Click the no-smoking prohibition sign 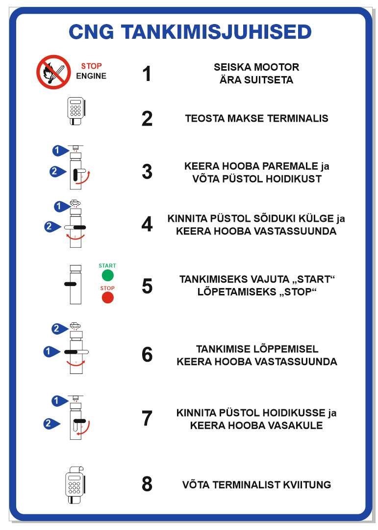tap(53, 72)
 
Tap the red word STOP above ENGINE tap(91, 66)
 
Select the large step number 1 tap(147, 74)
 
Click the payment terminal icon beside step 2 tap(76, 111)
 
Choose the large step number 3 tap(147, 172)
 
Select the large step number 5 tap(147, 286)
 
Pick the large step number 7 tap(147, 419)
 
